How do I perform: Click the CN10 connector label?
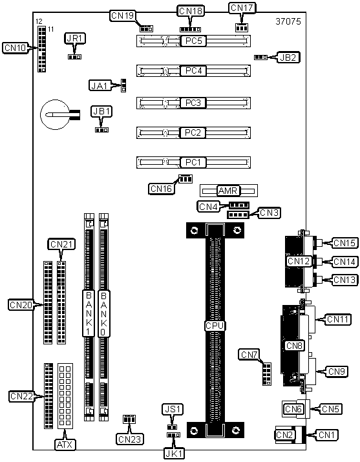point(16,48)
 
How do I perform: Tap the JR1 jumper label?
point(75,38)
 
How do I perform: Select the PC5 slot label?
point(193,41)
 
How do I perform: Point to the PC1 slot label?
point(193,162)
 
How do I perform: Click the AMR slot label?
point(228,191)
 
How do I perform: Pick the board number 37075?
point(288,21)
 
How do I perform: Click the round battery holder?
point(55,114)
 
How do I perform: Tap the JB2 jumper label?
point(288,58)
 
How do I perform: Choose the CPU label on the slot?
point(215,326)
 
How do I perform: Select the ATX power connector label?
point(65,445)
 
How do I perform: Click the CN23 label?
point(130,439)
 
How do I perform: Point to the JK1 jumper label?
point(174,454)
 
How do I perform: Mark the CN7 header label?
point(249,355)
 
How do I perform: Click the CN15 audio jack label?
point(345,243)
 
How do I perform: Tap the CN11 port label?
point(337,319)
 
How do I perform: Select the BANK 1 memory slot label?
point(89,313)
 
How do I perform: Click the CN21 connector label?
point(61,244)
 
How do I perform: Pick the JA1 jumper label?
point(100,86)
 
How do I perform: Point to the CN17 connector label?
point(242,8)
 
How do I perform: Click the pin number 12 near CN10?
point(39,21)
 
